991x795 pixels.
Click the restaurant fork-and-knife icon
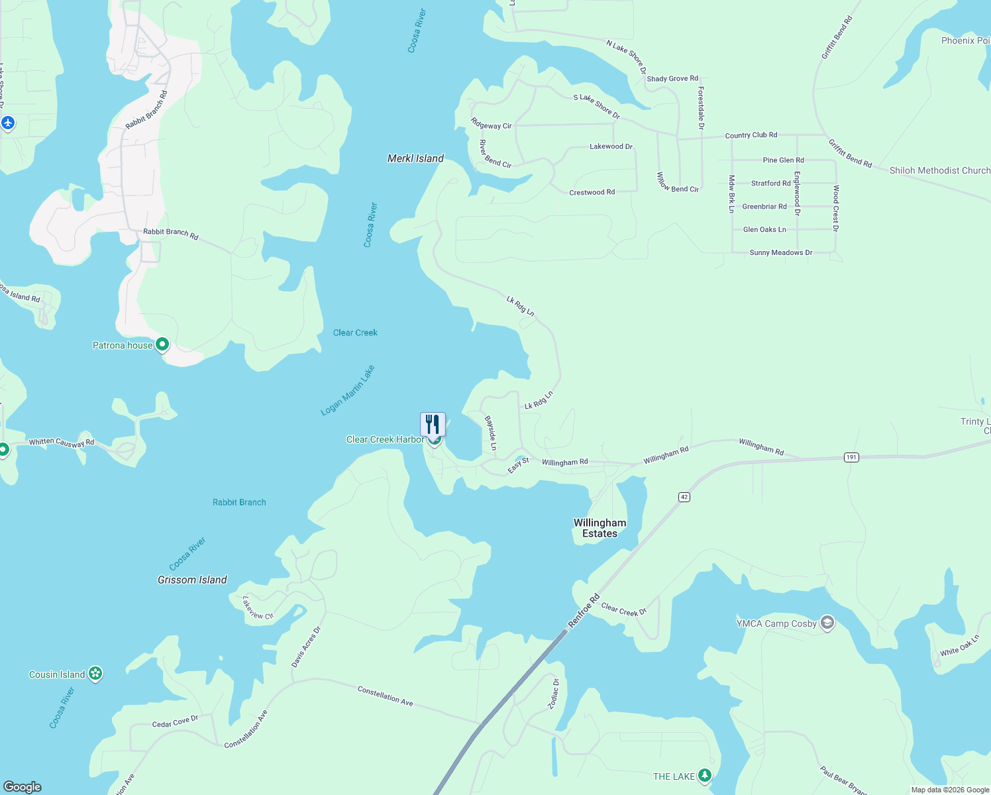point(433,424)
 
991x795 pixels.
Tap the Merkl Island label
point(415,158)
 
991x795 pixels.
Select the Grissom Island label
point(192,580)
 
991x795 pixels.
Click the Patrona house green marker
point(162,344)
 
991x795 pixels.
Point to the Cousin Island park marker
point(95,674)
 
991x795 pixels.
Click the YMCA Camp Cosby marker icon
point(827,623)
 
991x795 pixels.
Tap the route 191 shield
point(851,457)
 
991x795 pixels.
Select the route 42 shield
point(684,497)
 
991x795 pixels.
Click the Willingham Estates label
point(600,528)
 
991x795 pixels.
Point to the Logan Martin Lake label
point(348,390)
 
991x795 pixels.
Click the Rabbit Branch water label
point(239,502)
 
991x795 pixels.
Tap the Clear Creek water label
point(355,333)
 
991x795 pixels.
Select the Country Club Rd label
point(751,135)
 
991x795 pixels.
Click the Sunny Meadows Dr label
point(781,252)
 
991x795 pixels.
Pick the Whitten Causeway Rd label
point(62,442)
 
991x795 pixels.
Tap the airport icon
point(8,123)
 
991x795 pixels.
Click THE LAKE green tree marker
point(705,775)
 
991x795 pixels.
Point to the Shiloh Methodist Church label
point(939,170)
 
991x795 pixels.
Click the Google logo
point(23,787)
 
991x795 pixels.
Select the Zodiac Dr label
point(554,694)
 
